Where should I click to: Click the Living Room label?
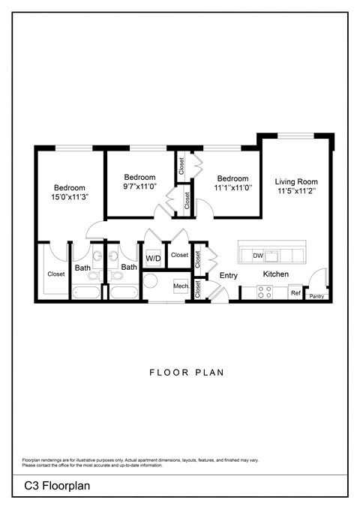295,181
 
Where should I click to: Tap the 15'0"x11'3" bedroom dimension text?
69,198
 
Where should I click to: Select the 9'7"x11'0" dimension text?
139,187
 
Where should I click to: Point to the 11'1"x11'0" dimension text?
232,188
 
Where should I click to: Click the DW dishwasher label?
257,256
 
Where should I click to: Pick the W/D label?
153,259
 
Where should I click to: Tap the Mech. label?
181,286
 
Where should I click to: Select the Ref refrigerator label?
295,292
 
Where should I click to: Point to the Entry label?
228,275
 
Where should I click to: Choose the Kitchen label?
275,274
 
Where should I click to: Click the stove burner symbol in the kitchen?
264,292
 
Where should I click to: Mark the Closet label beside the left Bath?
56,274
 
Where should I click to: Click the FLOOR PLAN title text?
180,372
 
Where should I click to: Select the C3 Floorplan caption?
56,487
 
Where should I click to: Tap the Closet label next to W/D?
179,256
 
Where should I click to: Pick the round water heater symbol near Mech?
151,283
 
